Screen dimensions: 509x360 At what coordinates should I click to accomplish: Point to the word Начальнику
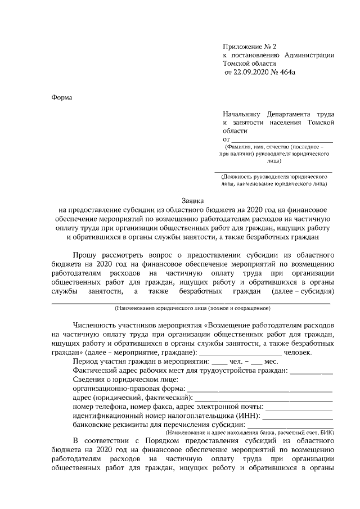[244, 112]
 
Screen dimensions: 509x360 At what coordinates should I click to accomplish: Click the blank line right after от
[282, 138]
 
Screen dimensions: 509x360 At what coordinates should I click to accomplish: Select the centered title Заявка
[193, 200]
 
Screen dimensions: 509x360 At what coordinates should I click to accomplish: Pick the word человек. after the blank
[303, 352]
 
